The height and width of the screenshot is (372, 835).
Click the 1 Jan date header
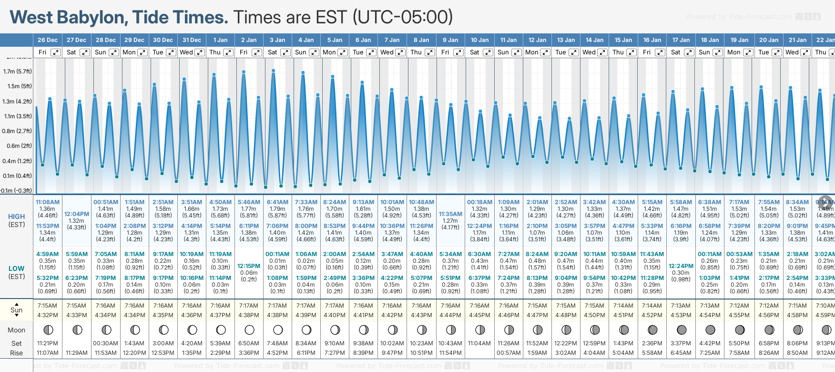point(220,40)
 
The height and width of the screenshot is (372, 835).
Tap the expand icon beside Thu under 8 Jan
point(429,52)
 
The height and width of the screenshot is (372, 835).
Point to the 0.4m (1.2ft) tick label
point(17,161)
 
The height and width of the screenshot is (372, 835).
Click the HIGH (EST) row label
point(17,220)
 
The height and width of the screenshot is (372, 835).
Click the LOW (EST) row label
point(17,272)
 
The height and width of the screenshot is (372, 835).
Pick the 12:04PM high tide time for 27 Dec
point(77,214)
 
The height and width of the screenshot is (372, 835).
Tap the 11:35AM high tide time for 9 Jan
point(450,214)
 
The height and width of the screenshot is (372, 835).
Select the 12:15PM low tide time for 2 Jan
point(249,266)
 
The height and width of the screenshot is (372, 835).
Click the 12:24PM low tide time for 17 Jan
point(681,266)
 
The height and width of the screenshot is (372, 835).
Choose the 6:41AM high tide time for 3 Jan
point(277,202)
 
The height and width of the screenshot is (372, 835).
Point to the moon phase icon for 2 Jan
point(249,330)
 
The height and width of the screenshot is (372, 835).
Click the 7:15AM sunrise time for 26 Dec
point(47,306)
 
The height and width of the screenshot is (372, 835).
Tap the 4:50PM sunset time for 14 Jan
point(594,315)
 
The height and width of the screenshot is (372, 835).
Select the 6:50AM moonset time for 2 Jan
point(249,343)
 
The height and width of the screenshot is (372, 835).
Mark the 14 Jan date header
point(594,40)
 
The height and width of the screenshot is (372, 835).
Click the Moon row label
point(17,330)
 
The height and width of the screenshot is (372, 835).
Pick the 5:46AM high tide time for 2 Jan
point(249,202)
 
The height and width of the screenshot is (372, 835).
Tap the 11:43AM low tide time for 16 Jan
point(652,254)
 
